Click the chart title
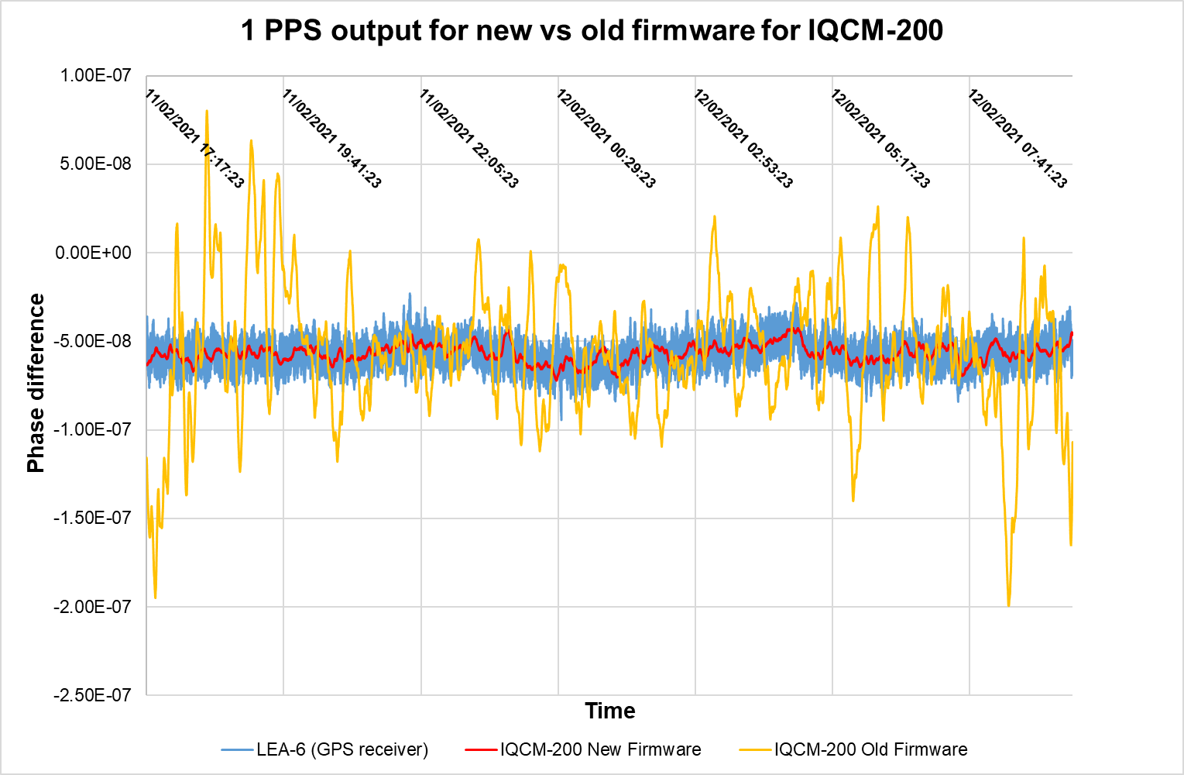click(592, 30)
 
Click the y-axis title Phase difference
click(36, 383)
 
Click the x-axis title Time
click(609, 711)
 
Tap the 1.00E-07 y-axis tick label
click(95, 76)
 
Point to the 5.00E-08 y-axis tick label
click(95, 164)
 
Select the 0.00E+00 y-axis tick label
click(93, 253)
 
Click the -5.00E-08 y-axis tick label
click(92, 341)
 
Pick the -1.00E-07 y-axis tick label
click(92, 429)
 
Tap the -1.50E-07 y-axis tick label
click(92, 518)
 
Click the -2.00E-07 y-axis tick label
click(92, 607)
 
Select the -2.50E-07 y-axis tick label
click(92, 695)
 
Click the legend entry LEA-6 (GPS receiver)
click(324, 749)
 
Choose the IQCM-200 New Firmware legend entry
click(583, 749)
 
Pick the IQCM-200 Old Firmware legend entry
click(853, 749)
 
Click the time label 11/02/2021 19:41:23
click(331, 139)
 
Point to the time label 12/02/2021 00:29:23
click(606, 139)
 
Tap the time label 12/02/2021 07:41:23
click(1018, 139)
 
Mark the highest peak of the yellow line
click(207, 111)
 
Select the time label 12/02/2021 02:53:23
click(743, 139)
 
